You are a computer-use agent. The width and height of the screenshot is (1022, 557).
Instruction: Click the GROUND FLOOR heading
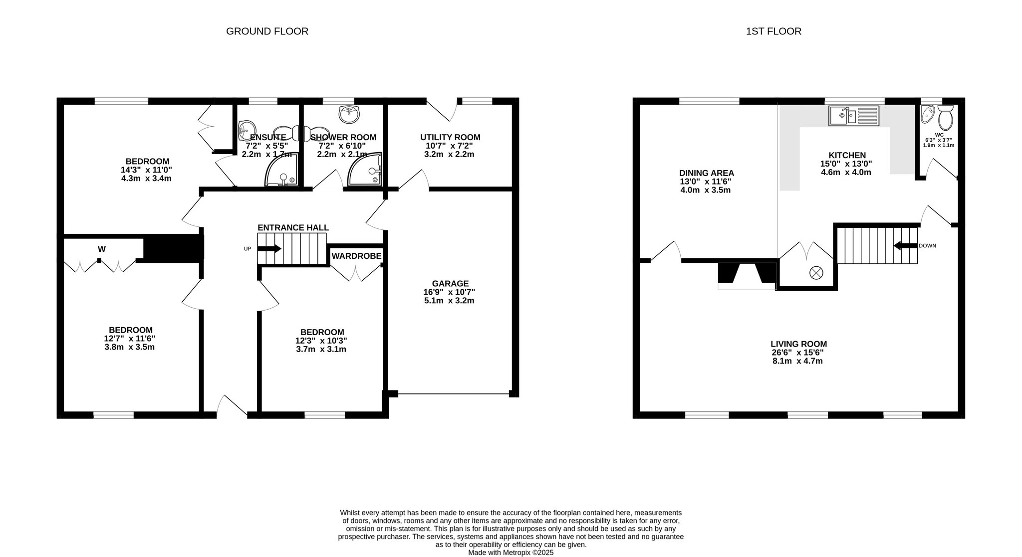coord(267,31)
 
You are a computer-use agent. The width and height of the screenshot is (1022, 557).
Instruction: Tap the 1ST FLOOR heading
coord(773,31)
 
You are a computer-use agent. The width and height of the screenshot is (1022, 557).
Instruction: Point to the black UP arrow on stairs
coord(269,249)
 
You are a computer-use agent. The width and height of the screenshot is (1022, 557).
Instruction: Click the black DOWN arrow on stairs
coord(905,246)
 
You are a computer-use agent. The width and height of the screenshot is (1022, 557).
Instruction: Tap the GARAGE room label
coord(451,284)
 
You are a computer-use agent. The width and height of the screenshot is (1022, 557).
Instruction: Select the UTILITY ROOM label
coord(450,137)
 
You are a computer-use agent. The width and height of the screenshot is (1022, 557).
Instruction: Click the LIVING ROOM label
coord(799,344)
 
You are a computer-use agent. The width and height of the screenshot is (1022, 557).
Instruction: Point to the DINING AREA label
coord(707,173)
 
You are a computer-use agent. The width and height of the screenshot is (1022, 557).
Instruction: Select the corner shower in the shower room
coord(365,169)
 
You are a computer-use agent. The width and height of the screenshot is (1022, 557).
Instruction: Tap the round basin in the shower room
coord(349,114)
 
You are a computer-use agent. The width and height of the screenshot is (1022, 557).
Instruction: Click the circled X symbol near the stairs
coord(816,273)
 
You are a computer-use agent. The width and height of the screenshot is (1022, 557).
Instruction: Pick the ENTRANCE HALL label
coord(293,228)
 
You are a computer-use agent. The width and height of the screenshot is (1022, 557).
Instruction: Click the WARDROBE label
coord(357,256)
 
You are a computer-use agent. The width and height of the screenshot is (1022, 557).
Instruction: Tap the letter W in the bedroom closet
coord(102,249)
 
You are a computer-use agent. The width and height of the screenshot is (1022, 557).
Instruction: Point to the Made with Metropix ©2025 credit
coord(511,553)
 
